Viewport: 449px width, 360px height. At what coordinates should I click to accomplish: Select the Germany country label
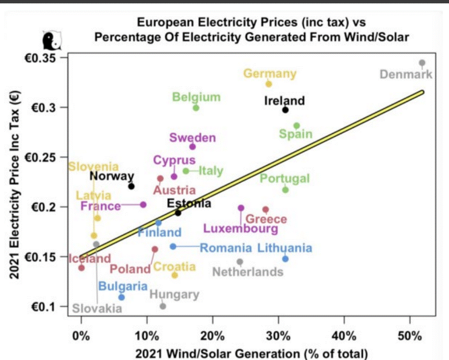pyautogui.click(x=270, y=74)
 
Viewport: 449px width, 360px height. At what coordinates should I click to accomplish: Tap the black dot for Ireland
pyautogui.click(x=285, y=110)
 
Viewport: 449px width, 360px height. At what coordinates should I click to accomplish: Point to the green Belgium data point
pyautogui.click(x=196, y=108)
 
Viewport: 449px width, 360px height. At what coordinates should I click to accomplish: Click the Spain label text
pyautogui.click(x=296, y=134)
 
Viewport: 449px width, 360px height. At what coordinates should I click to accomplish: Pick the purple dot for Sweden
pyautogui.click(x=193, y=146)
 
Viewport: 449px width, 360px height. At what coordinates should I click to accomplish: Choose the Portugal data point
pyautogui.click(x=285, y=190)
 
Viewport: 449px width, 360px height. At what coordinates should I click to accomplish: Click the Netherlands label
pyautogui.click(x=248, y=272)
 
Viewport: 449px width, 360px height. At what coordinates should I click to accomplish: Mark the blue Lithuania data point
pyautogui.click(x=285, y=259)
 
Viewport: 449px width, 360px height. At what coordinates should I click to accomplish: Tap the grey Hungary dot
pyautogui.click(x=163, y=306)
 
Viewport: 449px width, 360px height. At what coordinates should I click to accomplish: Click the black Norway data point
pyautogui.click(x=131, y=186)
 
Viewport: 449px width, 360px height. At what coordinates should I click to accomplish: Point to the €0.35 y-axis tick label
pyautogui.click(x=45, y=58)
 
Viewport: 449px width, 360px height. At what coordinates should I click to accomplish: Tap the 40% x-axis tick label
pyautogui.click(x=344, y=336)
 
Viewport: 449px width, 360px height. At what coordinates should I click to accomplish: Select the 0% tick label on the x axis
pyautogui.click(x=81, y=336)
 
